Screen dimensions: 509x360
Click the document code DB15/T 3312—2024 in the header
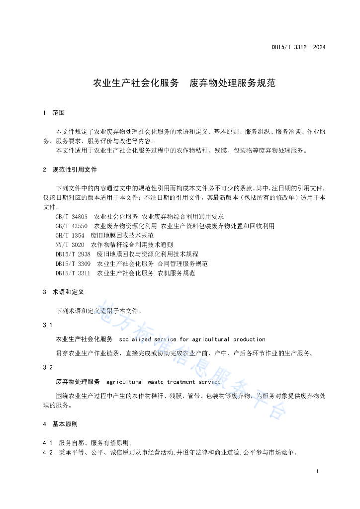click(x=298, y=48)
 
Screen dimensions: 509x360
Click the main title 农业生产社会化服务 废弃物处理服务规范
click(x=184, y=83)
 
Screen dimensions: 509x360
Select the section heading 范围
click(x=59, y=113)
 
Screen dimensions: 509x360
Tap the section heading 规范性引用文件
click(x=75, y=170)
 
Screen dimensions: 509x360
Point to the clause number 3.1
click(x=48, y=325)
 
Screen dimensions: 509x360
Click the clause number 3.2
click(x=48, y=367)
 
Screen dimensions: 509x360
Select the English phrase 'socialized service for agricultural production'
click(x=192, y=339)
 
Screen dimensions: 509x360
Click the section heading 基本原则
click(x=65, y=424)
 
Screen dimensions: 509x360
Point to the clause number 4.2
click(x=48, y=452)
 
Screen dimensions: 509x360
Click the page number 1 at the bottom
click(x=317, y=471)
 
